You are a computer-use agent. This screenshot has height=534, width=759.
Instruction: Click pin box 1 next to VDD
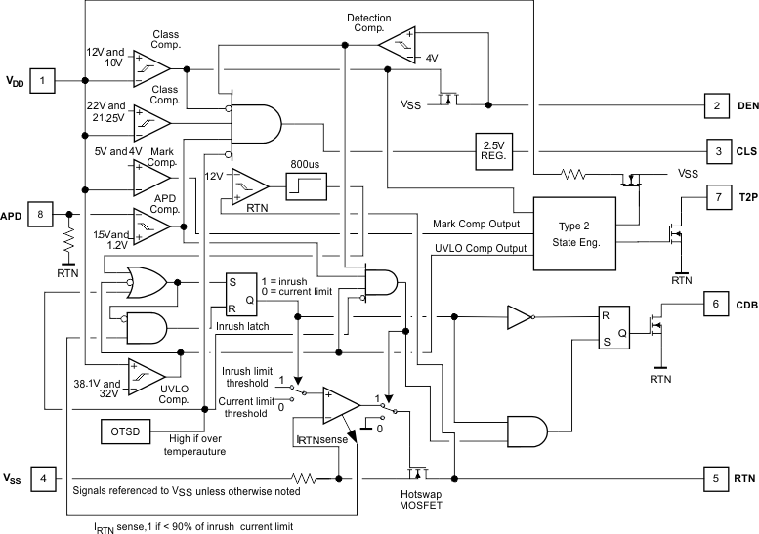click(x=42, y=80)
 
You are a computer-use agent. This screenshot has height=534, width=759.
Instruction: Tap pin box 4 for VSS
click(x=42, y=479)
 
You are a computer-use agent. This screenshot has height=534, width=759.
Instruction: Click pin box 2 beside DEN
click(x=716, y=105)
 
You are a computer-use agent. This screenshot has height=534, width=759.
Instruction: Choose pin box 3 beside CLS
click(x=716, y=151)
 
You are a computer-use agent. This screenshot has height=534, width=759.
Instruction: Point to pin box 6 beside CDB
click(x=716, y=305)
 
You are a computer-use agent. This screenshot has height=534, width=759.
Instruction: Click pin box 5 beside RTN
click(x=716, y=479)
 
